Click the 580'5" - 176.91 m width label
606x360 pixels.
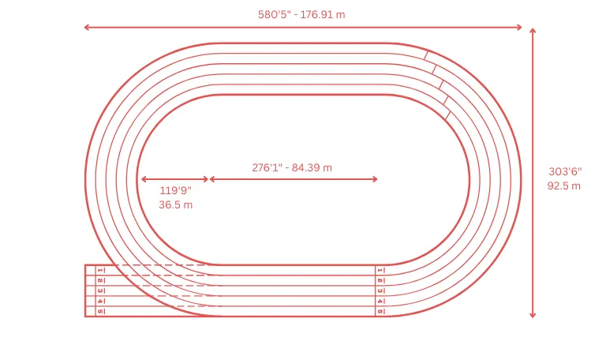[301, 14]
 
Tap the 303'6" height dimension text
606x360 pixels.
[565, 171]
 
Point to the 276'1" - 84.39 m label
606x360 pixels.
[292, 167]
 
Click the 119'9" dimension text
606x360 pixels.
[175, 190]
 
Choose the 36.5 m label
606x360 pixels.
[175, 204]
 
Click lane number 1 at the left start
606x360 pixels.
[100, 270]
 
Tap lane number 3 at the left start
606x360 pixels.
[100, 291]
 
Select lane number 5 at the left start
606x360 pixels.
[100, 311]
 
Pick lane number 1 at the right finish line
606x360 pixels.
[380, 270]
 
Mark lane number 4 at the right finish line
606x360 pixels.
[380, 301]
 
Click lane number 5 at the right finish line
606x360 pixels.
[380, 311]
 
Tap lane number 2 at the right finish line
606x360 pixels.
[380, 280]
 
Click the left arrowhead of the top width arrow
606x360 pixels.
[86, 28]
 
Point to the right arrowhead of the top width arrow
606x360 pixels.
[520, 28]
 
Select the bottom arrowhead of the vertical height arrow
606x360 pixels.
[533, 315]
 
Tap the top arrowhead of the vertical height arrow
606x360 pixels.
[533, 31]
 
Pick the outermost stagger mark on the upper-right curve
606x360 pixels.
[426, 54]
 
